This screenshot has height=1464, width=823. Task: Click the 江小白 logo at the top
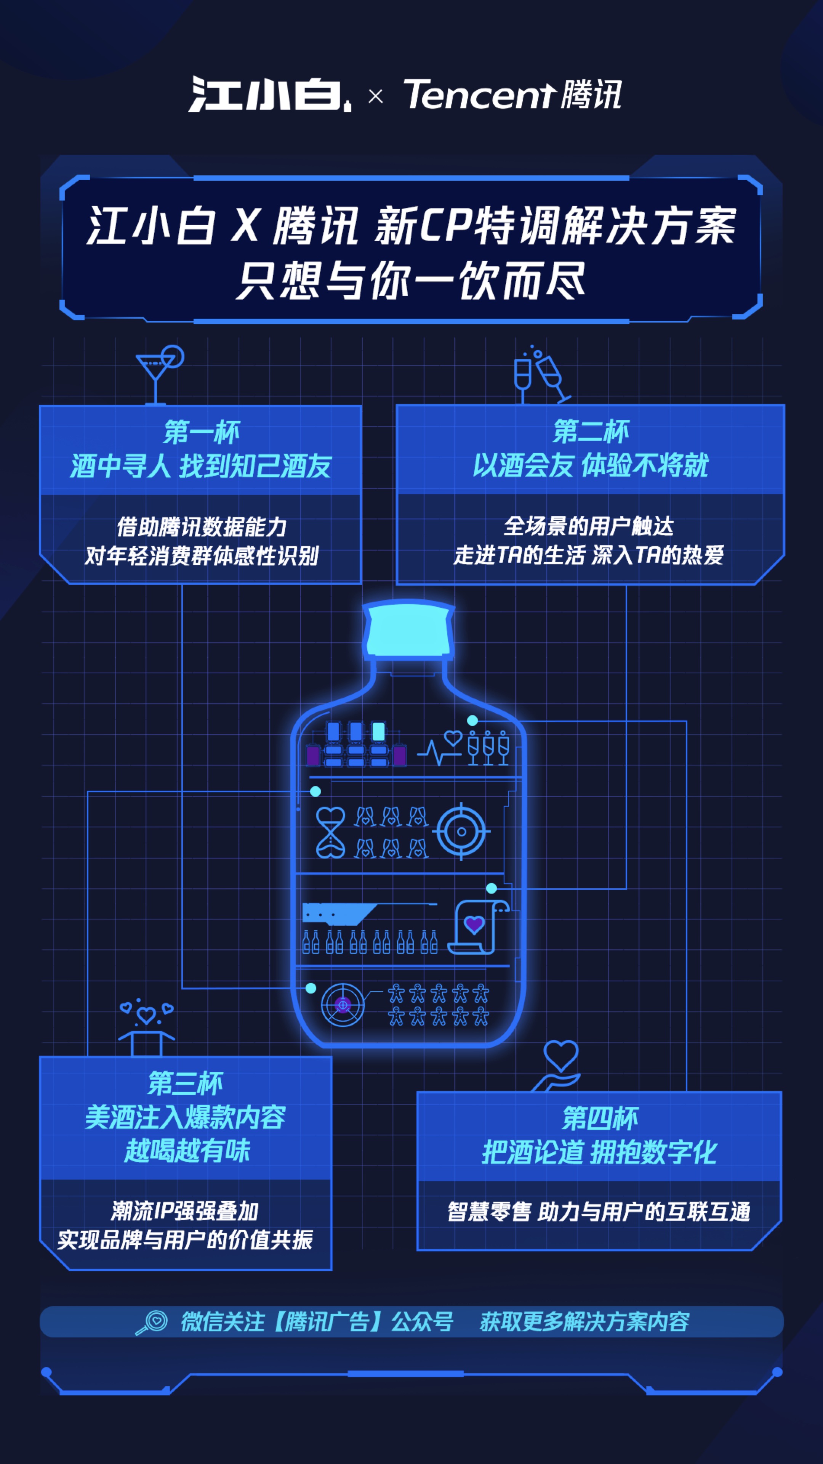point(270,94)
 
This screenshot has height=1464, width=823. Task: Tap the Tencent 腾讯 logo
point(512,94)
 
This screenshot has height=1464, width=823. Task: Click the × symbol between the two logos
point(375,96)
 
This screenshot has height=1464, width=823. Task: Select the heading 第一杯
point(202,432)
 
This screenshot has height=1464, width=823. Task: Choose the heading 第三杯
point(186,1083)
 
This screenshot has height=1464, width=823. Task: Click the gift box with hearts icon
point(147,1027)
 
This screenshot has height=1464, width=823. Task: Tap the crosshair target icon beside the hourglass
point(461,832)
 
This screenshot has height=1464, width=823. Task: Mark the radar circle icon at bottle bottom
point(343,1005)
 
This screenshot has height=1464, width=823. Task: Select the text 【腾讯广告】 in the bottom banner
point(327,1322)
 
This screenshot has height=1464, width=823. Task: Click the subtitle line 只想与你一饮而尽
point(411,280)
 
